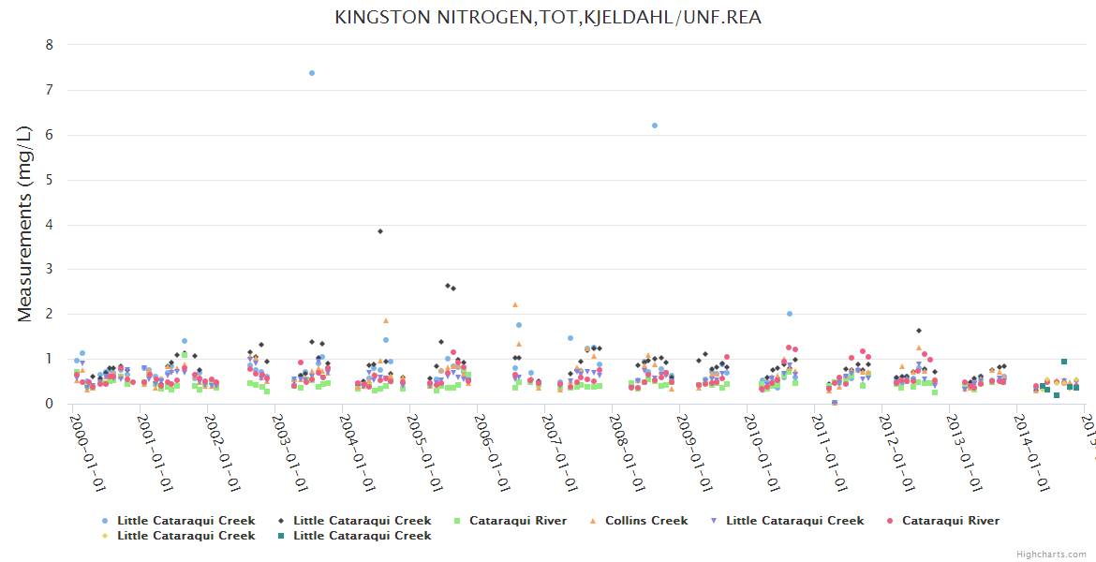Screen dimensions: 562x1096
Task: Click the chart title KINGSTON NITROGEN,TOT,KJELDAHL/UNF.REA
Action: tap(547, 18)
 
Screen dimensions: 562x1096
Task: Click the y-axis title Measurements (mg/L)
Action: tap(25, 224)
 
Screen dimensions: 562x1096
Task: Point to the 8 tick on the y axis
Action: tap(50, 45)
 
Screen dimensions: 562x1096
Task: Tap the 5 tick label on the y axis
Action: tap(50, 180)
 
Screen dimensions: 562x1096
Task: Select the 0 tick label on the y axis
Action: tap(50, 404)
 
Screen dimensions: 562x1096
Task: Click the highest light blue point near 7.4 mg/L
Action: tap(312, 73)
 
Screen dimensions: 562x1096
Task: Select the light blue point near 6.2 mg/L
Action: tap(655, 126)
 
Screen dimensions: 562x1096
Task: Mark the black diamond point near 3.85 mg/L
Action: tap(380, 231)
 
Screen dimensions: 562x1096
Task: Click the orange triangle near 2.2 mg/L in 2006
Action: tap(515, 305)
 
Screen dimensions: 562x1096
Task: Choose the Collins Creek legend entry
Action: tap(645, 521)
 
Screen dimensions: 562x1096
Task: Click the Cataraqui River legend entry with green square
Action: tap(511, 521)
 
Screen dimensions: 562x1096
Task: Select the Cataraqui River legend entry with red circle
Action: tap(950, 521)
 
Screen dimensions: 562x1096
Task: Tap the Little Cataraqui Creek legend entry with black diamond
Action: tap(362, 521)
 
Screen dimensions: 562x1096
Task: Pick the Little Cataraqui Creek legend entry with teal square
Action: tap(362, 536)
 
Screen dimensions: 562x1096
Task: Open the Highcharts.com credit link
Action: tap(1051, 555)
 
